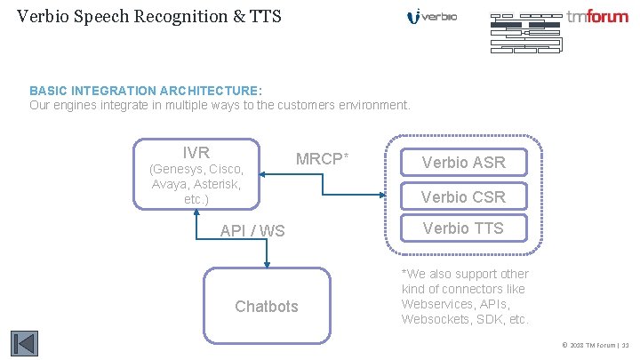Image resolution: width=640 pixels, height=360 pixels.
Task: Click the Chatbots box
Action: (267, 307)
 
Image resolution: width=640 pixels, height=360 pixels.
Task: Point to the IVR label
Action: (196, 152)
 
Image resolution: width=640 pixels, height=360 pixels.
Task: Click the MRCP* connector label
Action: (322, 159)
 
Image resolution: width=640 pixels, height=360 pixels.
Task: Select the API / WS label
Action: (252, 231)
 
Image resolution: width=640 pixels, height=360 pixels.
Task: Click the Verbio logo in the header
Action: (432, 17)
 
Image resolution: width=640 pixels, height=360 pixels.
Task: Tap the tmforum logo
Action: (597, 16)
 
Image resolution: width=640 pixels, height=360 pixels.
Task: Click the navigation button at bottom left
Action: (23, 343)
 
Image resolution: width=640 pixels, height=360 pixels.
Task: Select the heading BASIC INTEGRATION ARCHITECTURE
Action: (146, 91)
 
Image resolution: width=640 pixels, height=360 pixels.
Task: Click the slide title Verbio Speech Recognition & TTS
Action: (148, 15)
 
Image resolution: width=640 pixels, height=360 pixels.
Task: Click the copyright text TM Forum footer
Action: (596, 344)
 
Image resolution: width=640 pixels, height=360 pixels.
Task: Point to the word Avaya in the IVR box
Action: (171, 184)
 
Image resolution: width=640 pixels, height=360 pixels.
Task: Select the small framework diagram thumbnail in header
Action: (525, 33)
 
